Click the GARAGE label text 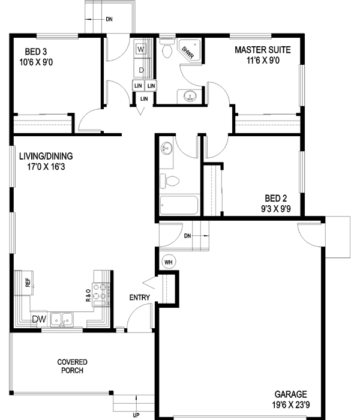point(291,394)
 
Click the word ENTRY point(140,298)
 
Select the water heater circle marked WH point(168,262)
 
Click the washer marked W point(141,49)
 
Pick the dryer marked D point(141,70)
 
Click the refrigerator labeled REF point(27,282)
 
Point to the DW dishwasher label point(39,319)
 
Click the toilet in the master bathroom point(167,51)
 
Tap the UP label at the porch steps point(136,415)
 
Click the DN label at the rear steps point(109,20)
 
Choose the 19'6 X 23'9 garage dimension point(292,406)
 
